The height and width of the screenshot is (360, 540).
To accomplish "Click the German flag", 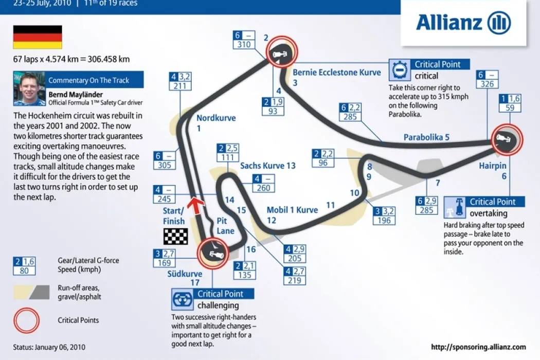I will [x=38, y=37].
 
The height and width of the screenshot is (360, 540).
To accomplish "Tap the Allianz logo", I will [x=463, y=23].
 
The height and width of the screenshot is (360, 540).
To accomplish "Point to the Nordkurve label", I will [x=216, y=118].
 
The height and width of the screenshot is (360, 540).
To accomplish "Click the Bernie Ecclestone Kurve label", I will [x=337, y=73].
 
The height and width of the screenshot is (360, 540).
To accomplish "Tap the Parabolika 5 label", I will [x=426, y=137].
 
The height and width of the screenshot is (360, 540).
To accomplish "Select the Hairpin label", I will [x=493, y=166].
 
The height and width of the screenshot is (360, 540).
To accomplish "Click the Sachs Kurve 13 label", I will [x=268, y=166].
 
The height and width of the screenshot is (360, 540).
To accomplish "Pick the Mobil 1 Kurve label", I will [x=292, y=210].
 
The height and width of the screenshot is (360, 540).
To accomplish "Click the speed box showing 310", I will [x=244, y=45].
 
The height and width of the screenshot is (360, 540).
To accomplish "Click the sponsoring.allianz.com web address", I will [x=478, y=347].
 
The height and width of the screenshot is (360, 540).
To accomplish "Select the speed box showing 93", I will [x=273, y=111].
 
